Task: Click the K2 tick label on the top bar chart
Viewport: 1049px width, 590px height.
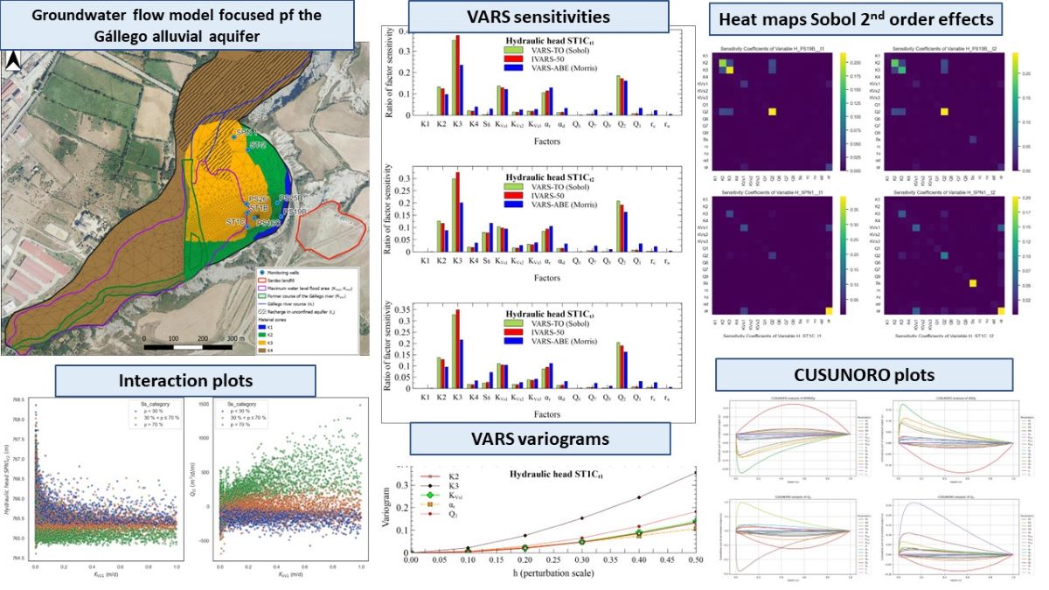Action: click(x=441, y=124)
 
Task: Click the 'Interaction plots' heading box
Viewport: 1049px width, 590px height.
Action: click(x=184, y=379)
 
